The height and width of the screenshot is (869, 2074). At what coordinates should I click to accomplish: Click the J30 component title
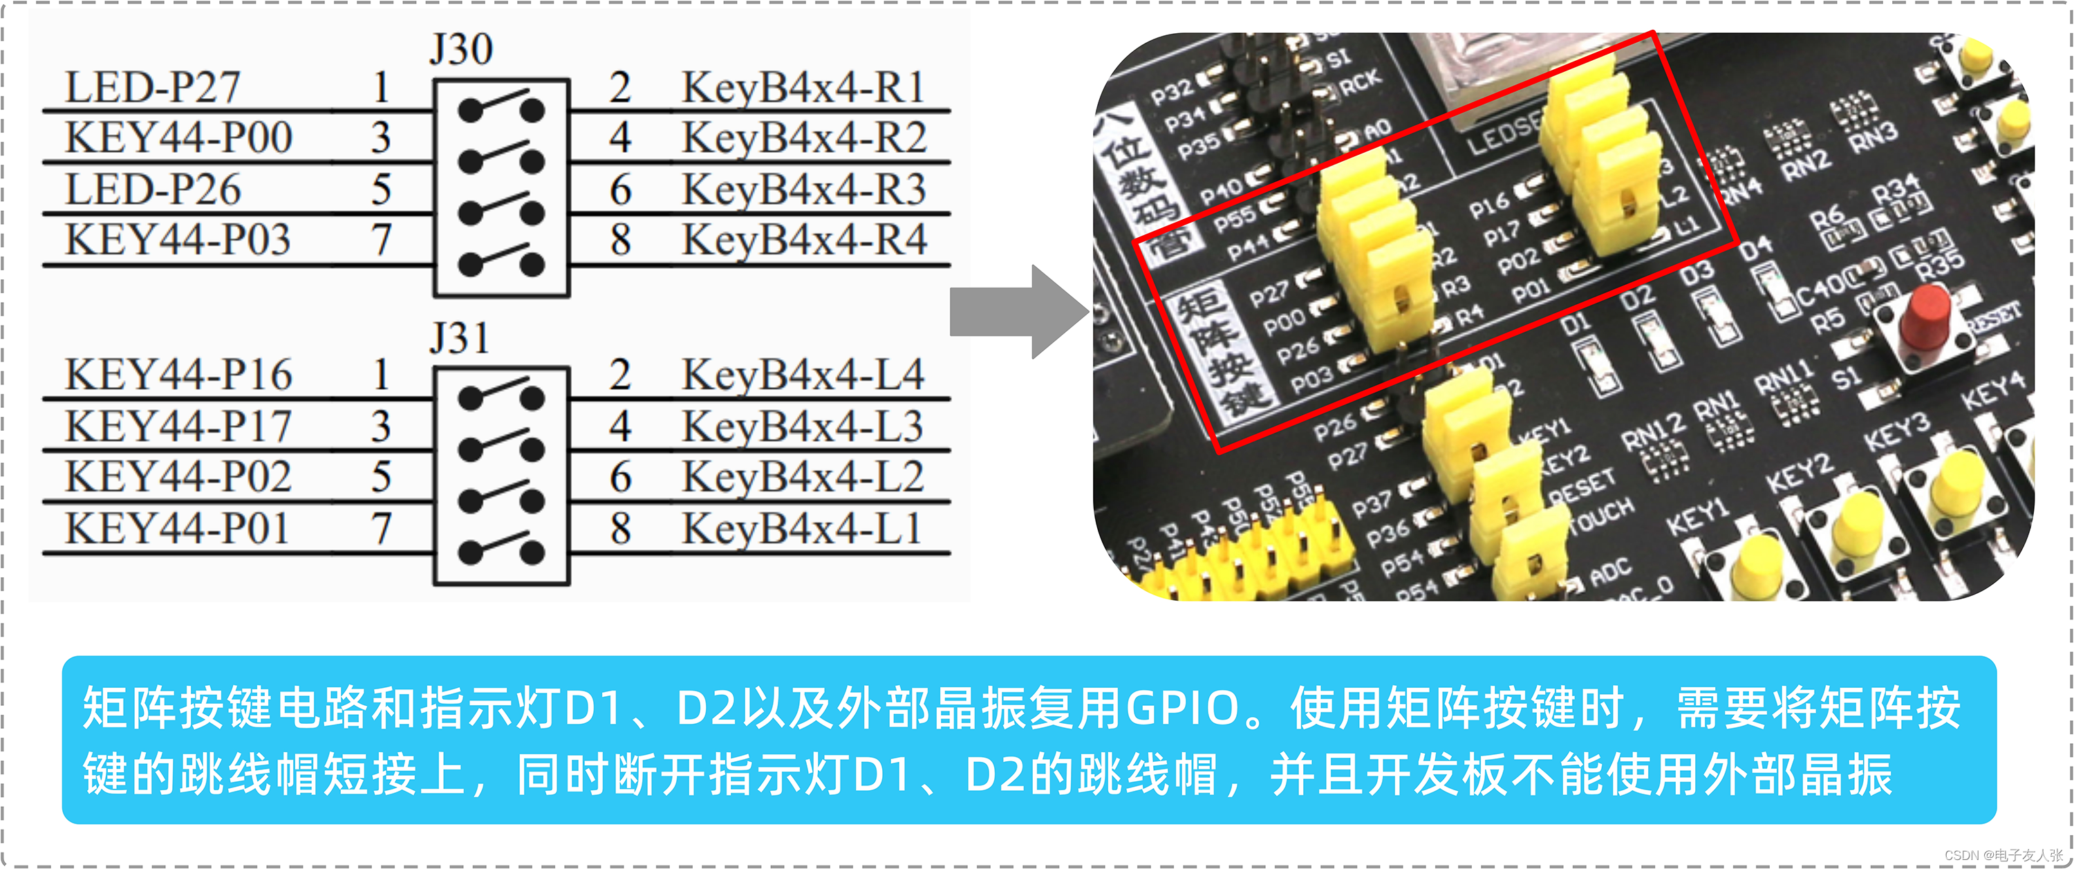click(460, 49)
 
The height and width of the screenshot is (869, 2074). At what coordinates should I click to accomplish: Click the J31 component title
click(459, 337)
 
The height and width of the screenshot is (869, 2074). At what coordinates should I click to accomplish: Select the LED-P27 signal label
click(152, 87)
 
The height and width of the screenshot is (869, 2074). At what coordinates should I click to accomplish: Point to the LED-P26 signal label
click(152, 189)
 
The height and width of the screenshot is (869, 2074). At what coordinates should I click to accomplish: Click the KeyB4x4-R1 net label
click(803, 87)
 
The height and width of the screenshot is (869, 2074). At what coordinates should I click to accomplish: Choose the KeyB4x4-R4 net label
click(803, 240)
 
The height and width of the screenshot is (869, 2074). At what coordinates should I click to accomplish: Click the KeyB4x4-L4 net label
click(803, 375)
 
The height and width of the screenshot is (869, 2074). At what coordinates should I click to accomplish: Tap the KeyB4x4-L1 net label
click(801, 529)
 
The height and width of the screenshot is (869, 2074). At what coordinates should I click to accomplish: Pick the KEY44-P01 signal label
click(176, 529)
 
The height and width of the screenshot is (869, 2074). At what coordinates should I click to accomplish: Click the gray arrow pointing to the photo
click(1018, 312)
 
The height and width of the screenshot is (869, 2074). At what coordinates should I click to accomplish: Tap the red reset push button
click(1924, 318)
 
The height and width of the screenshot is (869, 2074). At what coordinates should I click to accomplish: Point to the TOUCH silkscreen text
click(1603, 516)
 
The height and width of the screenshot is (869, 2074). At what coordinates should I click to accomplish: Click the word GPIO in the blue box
click(1182, 709)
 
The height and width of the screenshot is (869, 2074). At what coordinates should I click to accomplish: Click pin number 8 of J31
click(619, 529)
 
